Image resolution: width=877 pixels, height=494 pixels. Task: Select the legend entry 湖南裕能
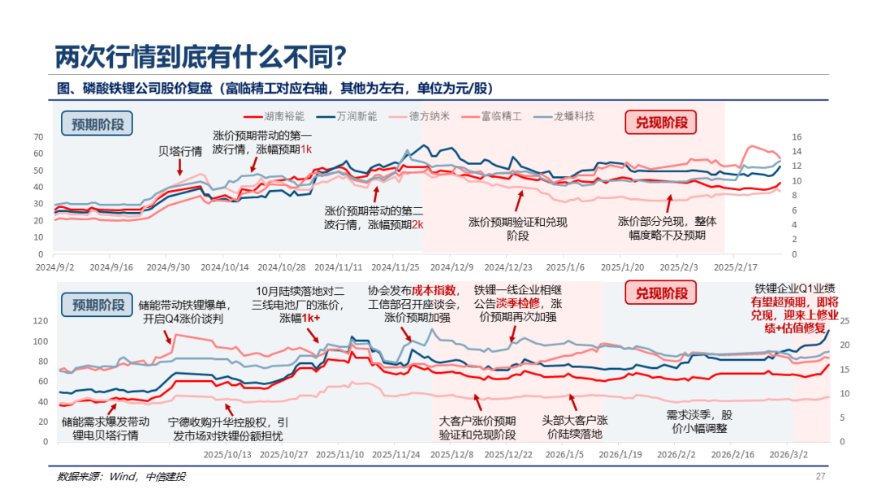[285, 116]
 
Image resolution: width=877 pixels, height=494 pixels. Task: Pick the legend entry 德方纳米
[429, 116]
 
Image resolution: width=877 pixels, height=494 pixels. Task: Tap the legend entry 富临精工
[500, 116]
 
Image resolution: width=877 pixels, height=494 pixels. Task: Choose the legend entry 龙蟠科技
[573, 116]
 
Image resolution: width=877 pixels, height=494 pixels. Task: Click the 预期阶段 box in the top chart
[97, 123]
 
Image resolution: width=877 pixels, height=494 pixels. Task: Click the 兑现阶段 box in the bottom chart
[661, 292]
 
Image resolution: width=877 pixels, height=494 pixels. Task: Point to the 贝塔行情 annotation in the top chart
[179, 151]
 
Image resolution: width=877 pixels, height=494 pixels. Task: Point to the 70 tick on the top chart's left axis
[38, 136]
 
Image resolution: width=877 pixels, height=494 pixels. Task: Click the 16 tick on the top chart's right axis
[797, 136]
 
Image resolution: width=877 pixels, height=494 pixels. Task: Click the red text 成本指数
[434, 290]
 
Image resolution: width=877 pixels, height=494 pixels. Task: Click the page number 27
[820, 476]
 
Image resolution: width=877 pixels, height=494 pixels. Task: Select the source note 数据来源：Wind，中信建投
[121, 477]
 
